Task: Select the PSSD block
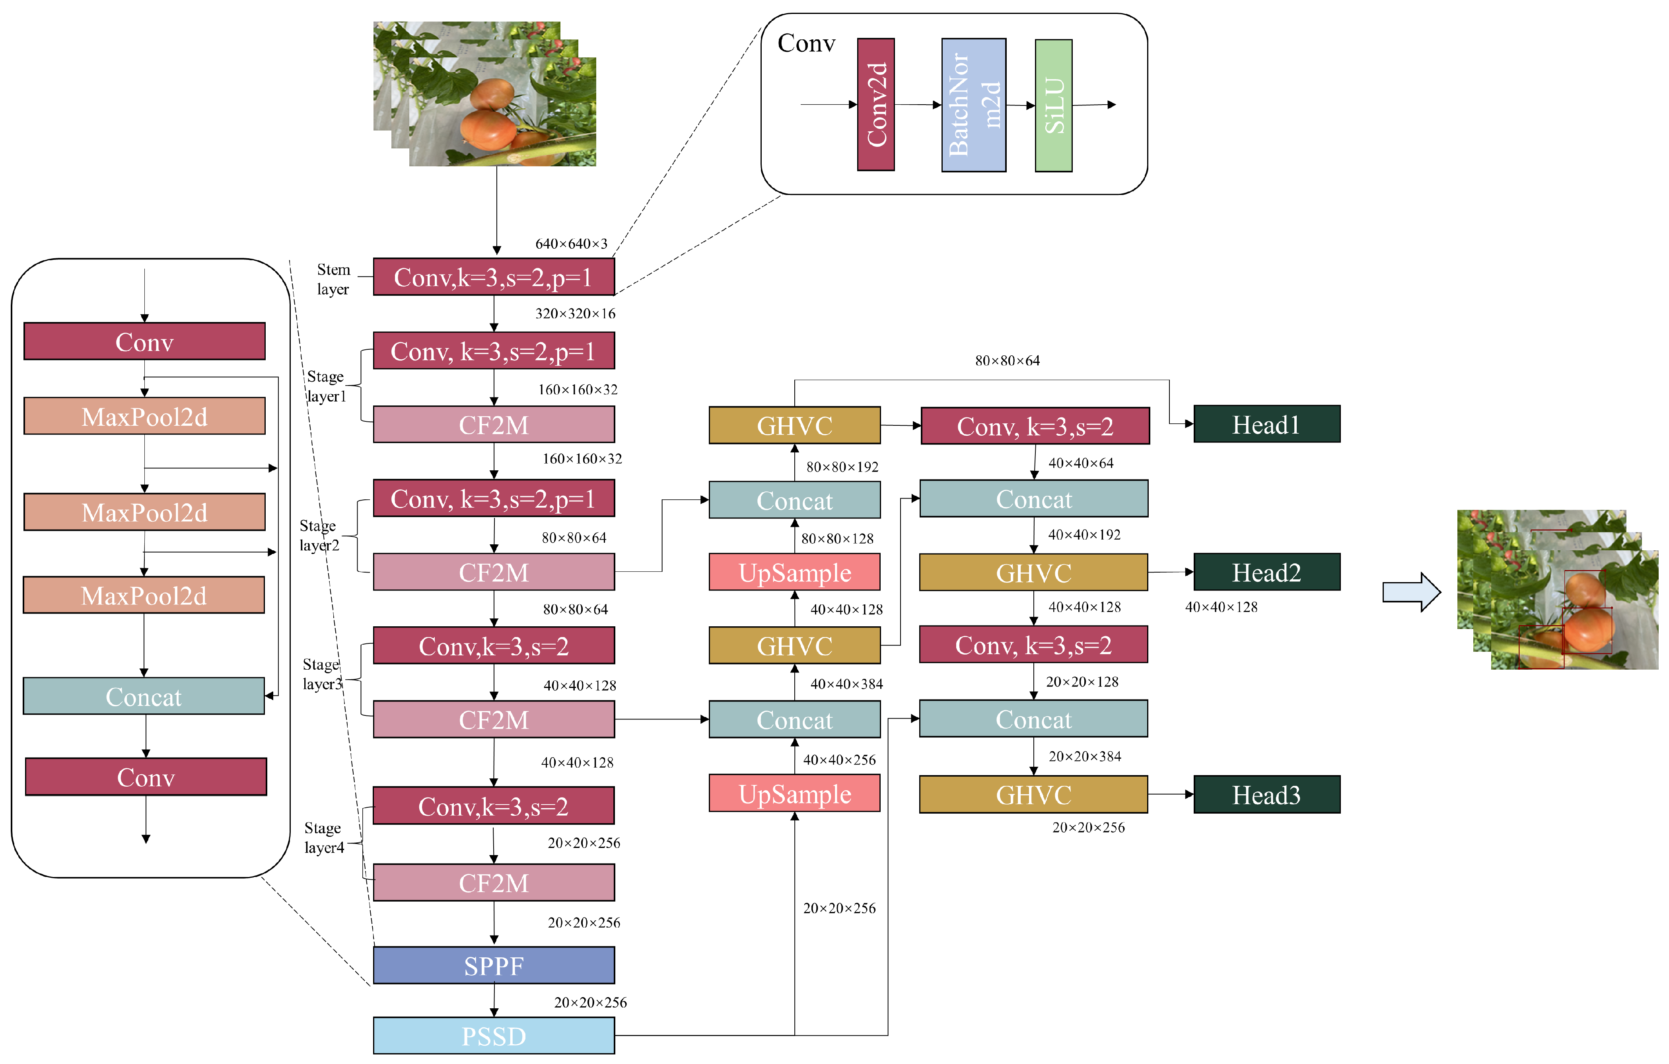click(x=494, y=1036)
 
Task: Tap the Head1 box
click(x=1266, y=424)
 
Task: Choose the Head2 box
click(x=1266, y=572)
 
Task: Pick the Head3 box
click(x=1266, y=794)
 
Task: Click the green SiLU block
click(x=1054, y=105)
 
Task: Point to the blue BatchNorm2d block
click(x=973, y=105)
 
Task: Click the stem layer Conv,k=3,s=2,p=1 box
click(x=494, y=277)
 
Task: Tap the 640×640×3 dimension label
click(x=571, y=243)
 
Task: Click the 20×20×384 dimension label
click(x=1085, y=756)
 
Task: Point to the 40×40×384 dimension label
click(x=846, y=684)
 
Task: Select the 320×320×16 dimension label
click(x=575, y=313)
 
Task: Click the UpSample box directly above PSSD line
click(x=794, y=794)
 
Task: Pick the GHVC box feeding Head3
click(x=1033, y=794)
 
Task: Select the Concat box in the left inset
click(x=144, y=696)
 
